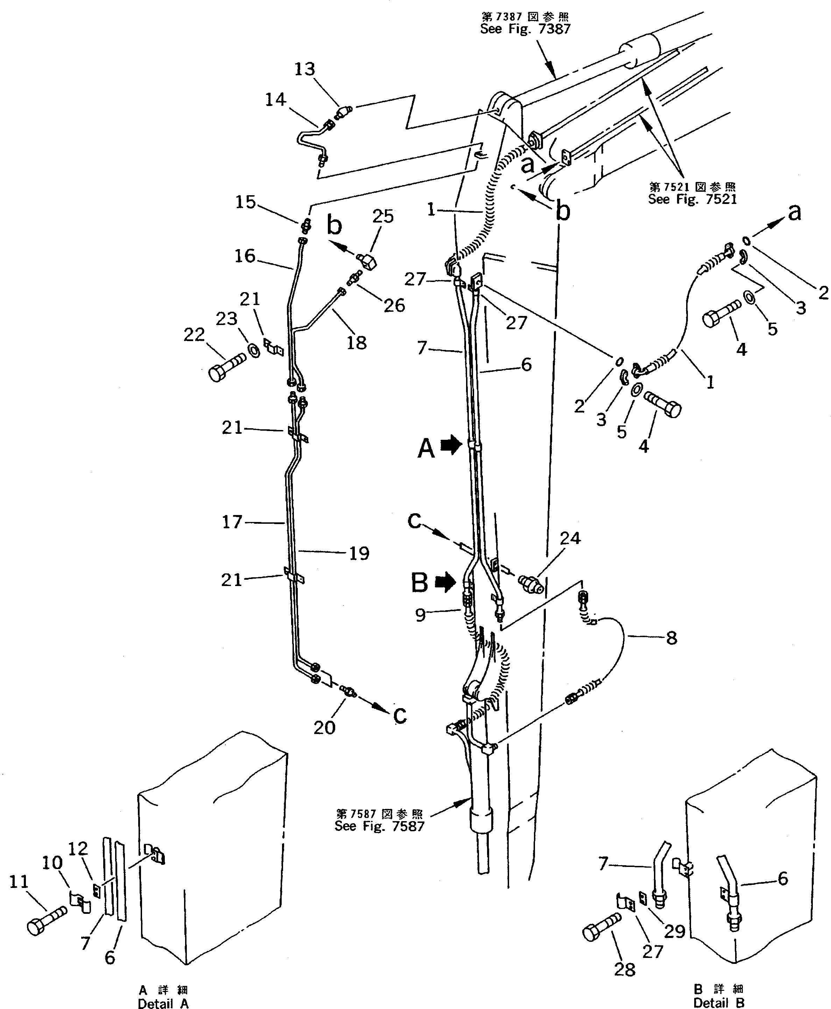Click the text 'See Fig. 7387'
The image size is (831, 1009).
tap(525, 29)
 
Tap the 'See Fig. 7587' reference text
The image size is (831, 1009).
tap(379, 826)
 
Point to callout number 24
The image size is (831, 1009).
tap(570, 538)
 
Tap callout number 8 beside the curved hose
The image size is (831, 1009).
tap(671, 637)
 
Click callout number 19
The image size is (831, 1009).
tap(359, 553)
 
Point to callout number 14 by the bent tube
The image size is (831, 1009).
tap(275, 100)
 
